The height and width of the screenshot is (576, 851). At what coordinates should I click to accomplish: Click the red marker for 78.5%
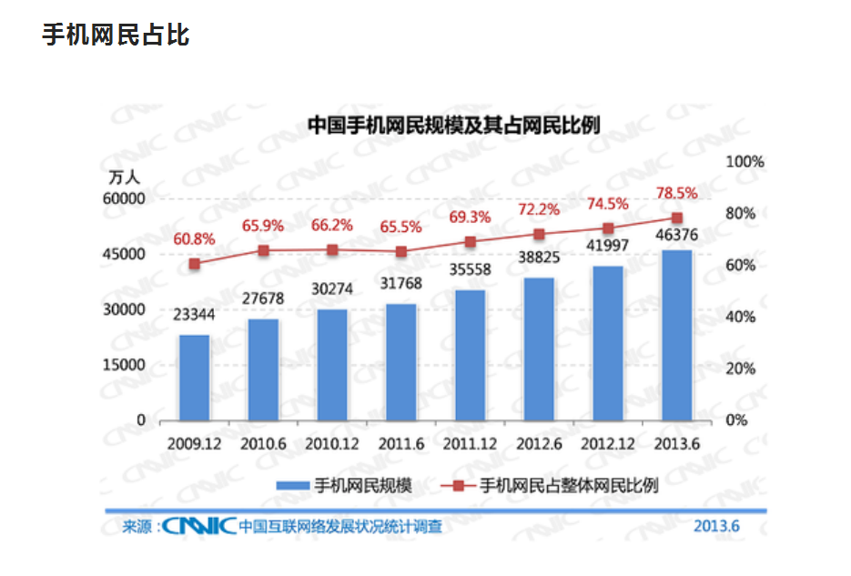tap(676, 218)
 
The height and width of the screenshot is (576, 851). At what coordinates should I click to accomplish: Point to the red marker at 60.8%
tap(194, 264)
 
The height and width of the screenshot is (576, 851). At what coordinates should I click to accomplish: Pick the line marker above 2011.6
tap(400, 252)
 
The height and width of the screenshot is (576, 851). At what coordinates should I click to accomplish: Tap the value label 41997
tap(607, 246)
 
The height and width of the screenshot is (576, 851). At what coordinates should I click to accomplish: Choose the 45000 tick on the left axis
tap(128, 254)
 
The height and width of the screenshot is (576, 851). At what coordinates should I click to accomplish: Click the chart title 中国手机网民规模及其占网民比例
tap(453, 125)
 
